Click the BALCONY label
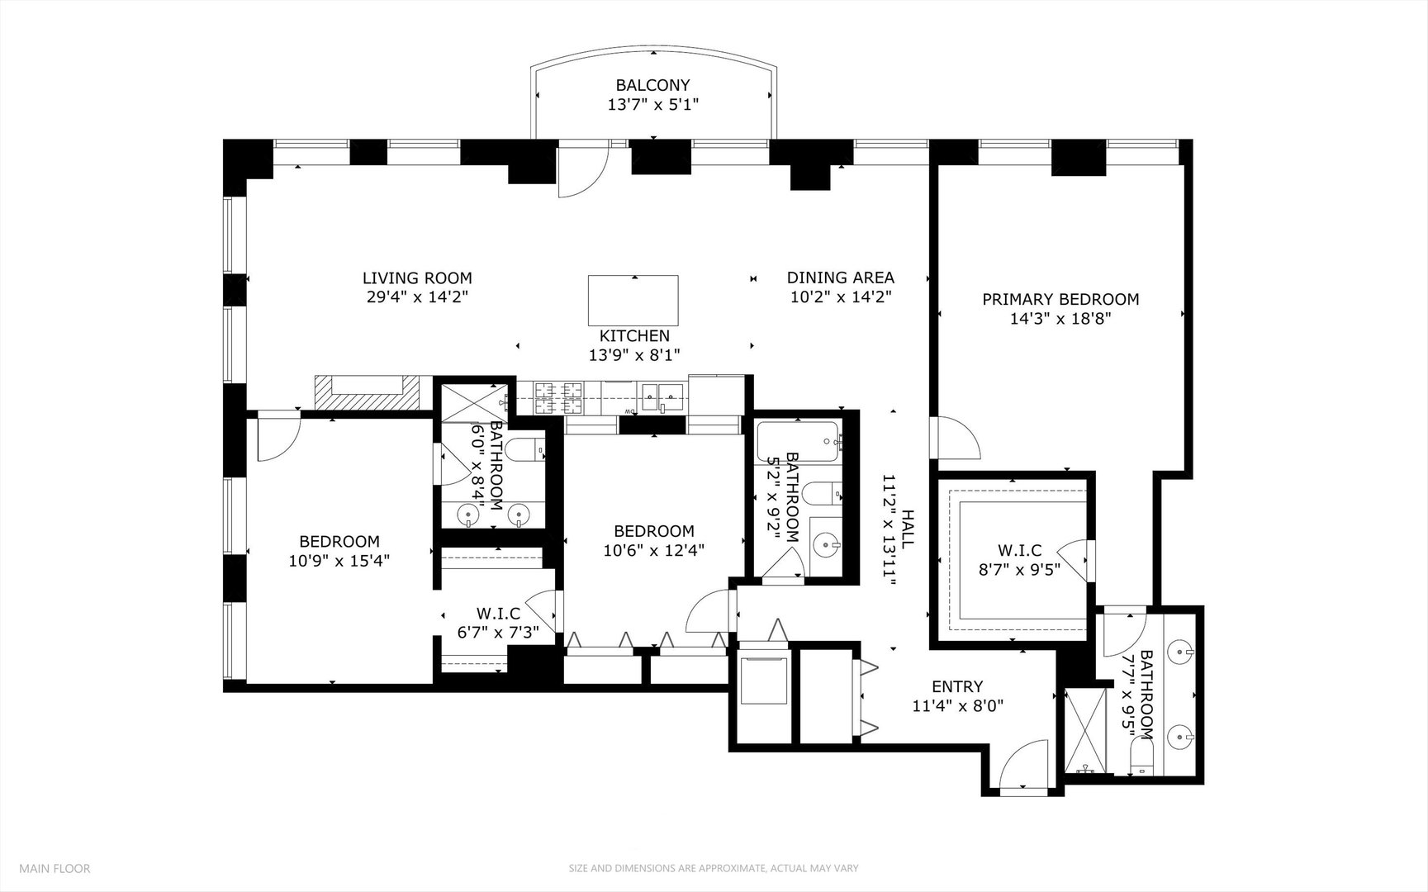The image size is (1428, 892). pyautogui.click(x=652, y=85)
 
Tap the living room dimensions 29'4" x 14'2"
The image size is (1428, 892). pyautogui.click(x=417, y=297)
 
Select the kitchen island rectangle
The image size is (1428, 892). pyautogui.click(x=633, y=301)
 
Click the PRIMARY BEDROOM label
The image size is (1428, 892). pyautogui.click(x=1060, y=300)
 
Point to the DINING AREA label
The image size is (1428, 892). pyautogui.click(x=840, y=278)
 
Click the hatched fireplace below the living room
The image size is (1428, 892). pyautogui.click(x=368, y=393)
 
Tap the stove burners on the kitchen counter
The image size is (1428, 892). pyautogui.click(x=558, y=397)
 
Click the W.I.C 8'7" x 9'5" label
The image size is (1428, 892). pyautogui.click(x=1019, y=550)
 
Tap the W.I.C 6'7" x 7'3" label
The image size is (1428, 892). pyautogui.click(x=498, y=614)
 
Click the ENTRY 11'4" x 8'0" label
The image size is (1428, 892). pyautogui.click(x=957, y=686)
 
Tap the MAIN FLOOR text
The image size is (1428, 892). pyautogui.click(x=55, y=868)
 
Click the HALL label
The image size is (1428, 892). pyautogui.click(x=908, y=529)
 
